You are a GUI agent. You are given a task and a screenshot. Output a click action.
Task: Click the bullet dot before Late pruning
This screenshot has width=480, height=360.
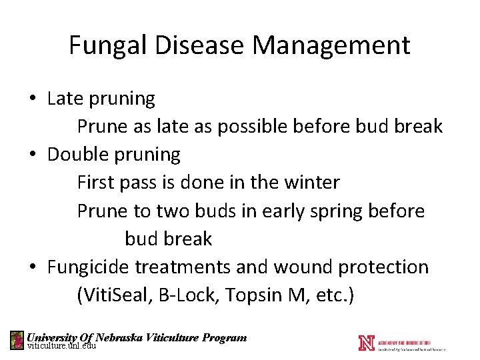click(x=33, y=99)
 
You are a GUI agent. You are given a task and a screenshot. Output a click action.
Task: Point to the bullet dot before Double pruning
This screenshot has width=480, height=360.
click(x=33, y=155)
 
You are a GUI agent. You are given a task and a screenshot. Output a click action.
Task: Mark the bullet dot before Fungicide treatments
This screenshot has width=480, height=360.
click(x=33, y=267)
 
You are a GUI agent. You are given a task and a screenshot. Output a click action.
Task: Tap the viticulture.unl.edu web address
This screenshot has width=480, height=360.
click(x=61, y=346)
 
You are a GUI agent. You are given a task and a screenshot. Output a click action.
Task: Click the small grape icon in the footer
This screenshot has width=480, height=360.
click(x=17, y=341)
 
